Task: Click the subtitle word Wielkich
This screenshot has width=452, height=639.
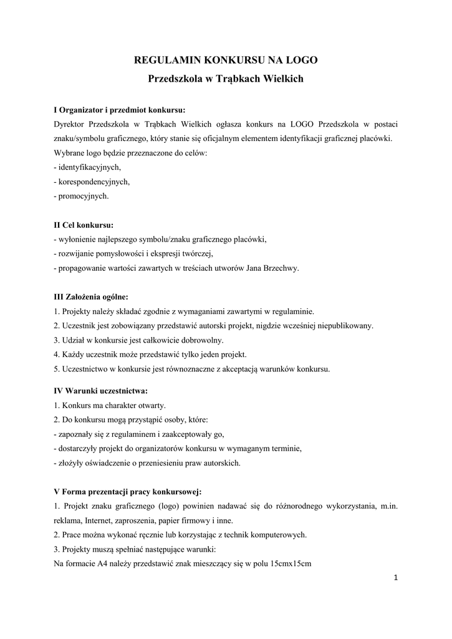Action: click(x=283, y=79)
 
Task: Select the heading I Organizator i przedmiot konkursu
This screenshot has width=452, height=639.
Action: click(x=120, y=110)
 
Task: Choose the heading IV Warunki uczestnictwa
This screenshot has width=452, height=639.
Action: click(x=101, y=391)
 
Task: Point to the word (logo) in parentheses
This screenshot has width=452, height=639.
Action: click(x=174, y=506)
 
